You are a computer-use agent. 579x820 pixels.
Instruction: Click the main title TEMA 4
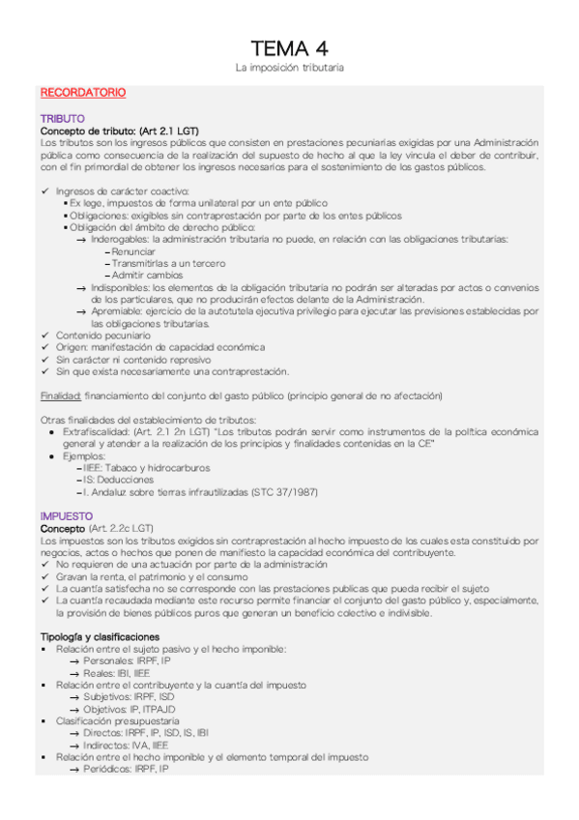point(289,48)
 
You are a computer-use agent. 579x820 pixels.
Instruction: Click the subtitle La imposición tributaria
point(289,69)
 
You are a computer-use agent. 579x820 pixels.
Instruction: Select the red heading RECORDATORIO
point(82,93)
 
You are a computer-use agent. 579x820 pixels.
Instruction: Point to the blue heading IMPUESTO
point(66,516)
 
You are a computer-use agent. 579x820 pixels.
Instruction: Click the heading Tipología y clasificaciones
point(100,637)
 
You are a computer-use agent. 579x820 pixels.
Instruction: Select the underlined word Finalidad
point(60,395)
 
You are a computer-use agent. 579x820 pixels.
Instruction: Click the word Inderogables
point(120,239)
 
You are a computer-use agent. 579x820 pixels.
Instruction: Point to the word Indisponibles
point(120,287)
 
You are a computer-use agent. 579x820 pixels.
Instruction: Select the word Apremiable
point(116,311)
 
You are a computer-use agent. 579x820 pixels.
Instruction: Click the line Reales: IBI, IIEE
point(130,673)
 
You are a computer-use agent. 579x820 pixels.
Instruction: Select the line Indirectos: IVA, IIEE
point(132,746)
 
